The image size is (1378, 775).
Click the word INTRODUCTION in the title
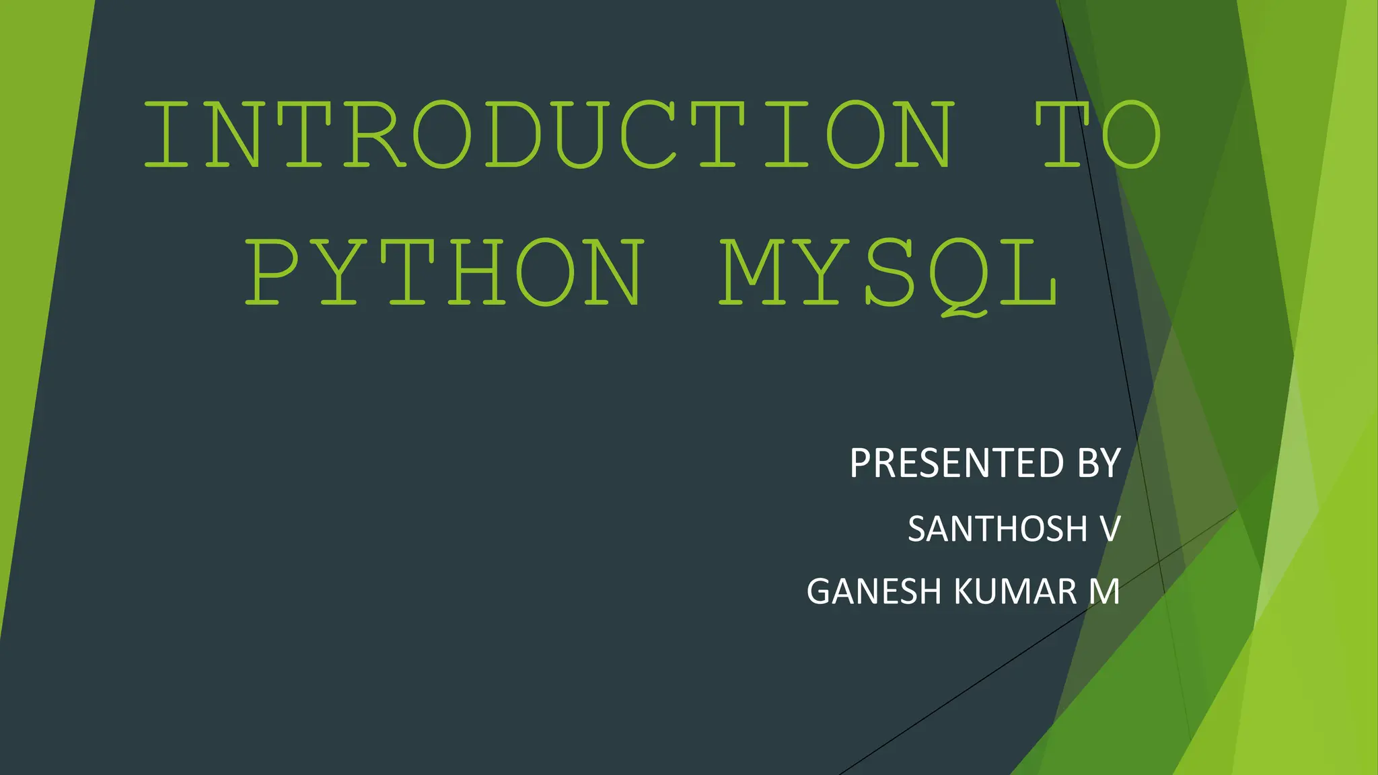coord(548,135)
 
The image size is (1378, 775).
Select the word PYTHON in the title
coord(444,272)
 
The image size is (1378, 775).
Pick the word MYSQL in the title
coord(888,273)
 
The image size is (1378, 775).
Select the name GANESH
coord(874,592)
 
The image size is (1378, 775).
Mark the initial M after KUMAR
coord(1104,592)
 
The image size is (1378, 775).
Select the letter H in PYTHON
coord(478,272)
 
